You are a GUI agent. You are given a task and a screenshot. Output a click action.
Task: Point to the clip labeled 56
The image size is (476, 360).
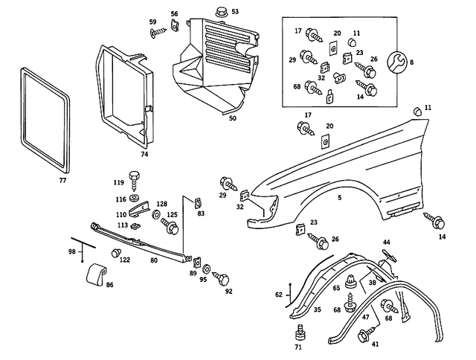coord(174,27)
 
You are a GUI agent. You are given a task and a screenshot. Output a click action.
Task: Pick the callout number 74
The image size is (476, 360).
coord(144,155)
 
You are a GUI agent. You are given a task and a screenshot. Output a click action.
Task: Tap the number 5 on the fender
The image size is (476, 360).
coord(339,197)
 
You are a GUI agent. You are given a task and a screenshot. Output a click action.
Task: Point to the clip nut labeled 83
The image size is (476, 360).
coord(199,202)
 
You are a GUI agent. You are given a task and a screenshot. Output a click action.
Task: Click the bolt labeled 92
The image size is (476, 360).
coord(222,278)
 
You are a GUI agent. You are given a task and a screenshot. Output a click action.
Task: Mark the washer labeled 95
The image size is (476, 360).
coord(206,267)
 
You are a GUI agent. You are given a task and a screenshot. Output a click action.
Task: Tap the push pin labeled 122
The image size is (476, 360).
coord(115,253)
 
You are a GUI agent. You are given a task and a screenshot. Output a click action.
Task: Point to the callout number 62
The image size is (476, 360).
coord(278,295)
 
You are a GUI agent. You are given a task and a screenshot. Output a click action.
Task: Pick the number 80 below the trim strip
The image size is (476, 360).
coord(154,261)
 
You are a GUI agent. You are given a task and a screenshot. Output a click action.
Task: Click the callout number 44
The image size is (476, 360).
coord(386,242)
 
